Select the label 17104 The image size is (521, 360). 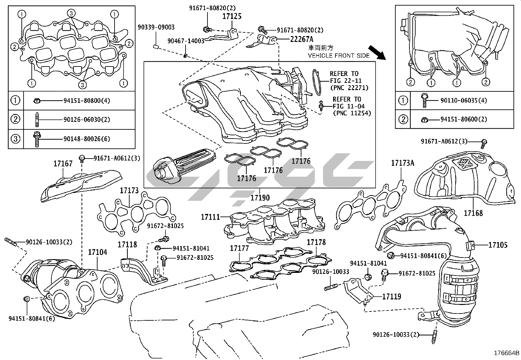tap(97, 252)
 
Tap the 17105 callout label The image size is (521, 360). tap(498, 245)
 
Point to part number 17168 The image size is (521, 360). tap(473, 213)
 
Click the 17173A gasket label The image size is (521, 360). tap(403, 163)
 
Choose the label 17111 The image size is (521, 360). tap(210, 217)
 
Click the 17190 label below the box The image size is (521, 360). tap(260, 198)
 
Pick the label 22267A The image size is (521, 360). tap(302, 39)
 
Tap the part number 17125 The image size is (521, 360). tap(232, 16)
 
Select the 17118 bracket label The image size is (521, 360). tap(127, 244)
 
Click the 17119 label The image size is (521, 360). tap(391, 296)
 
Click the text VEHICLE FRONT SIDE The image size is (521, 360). tap(339, 56)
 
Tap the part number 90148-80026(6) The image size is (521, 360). tap(87, 139)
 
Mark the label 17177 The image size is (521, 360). tap(239, 248)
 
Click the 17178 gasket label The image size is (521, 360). tap(316, 242)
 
